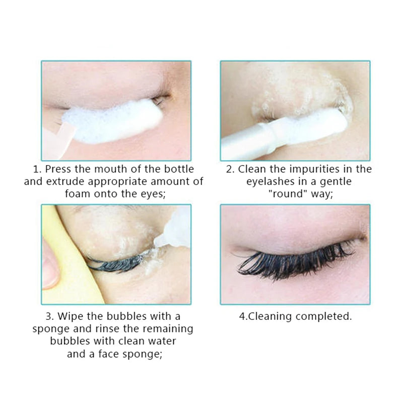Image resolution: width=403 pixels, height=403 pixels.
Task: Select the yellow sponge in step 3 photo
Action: coord(75,259)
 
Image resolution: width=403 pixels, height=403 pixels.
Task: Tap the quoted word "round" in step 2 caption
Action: coord(288,193)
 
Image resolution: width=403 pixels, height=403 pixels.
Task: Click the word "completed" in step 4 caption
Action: coord(323,316)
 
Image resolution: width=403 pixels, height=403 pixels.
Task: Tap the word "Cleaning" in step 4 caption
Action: coord(270,316)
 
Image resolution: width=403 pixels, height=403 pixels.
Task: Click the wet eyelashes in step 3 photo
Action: coord(116,262)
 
